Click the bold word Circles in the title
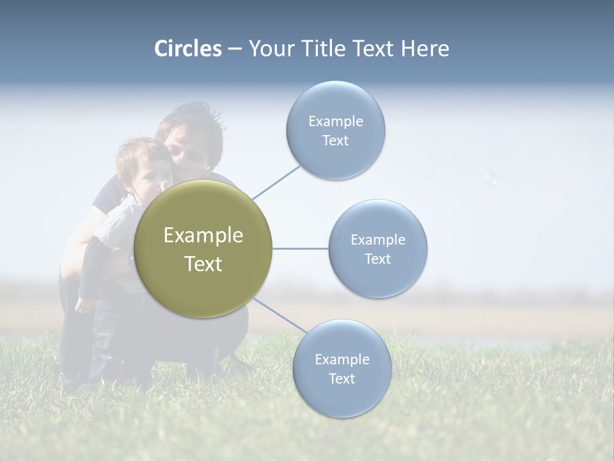(188, 49)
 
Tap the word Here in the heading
(425, 49)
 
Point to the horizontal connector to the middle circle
(300, 248)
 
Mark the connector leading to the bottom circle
(279, 315)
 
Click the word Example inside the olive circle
(203, 236)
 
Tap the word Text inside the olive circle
(203, 264)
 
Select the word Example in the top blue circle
(336, 121)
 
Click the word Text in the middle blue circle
(378, 259)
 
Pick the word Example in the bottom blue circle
(342, 359)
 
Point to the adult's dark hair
(192, 125)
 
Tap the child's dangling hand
(84, 304)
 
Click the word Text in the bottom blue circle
(342, 378)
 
